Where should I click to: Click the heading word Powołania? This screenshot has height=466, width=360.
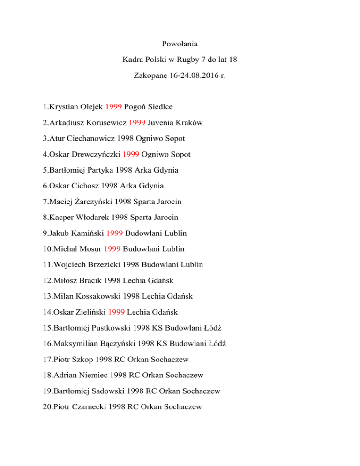coord(180,45)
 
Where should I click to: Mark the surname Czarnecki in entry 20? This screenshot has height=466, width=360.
coord(90,407)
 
